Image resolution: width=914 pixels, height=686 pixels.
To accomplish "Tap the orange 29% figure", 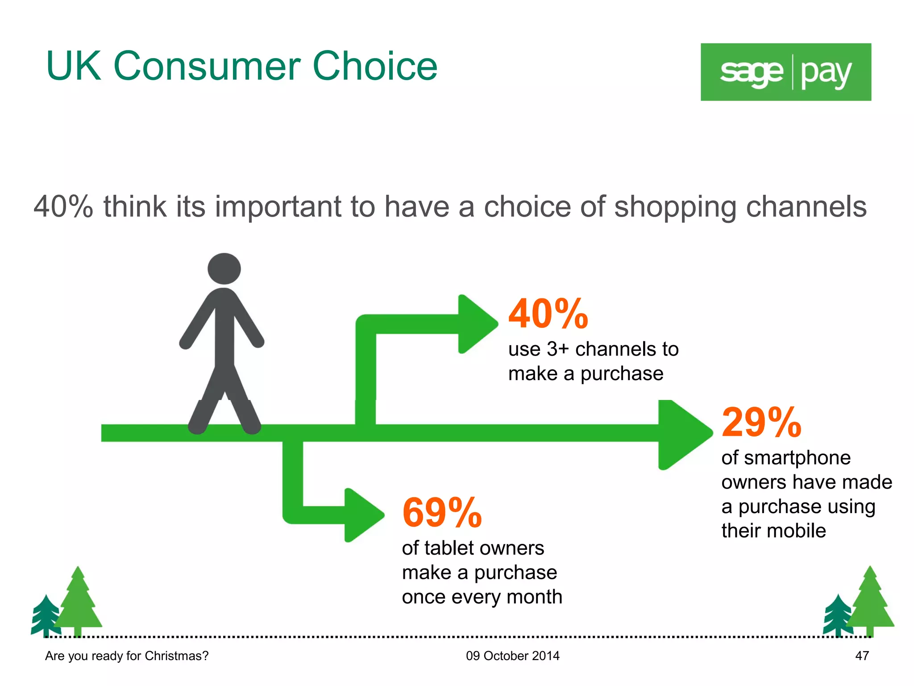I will coord(761,422).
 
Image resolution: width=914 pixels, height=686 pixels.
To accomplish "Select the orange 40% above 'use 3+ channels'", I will coord(548,314).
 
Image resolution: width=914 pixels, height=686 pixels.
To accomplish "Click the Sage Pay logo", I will coord(785,72).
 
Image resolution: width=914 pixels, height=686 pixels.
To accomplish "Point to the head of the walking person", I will coord(224,268).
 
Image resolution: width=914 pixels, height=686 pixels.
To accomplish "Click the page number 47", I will coord(862,656).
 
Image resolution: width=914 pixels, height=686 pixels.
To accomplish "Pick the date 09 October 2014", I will coord(512,656).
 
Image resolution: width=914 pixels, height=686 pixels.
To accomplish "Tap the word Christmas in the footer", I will coord(176,656).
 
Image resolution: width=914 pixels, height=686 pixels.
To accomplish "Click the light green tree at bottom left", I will coord(78,603).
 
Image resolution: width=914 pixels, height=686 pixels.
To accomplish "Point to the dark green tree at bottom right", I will coord(837,616).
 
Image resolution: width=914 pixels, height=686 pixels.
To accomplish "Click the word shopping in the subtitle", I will coord(675,207).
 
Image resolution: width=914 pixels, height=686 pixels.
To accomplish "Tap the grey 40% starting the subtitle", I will coord(63,207).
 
